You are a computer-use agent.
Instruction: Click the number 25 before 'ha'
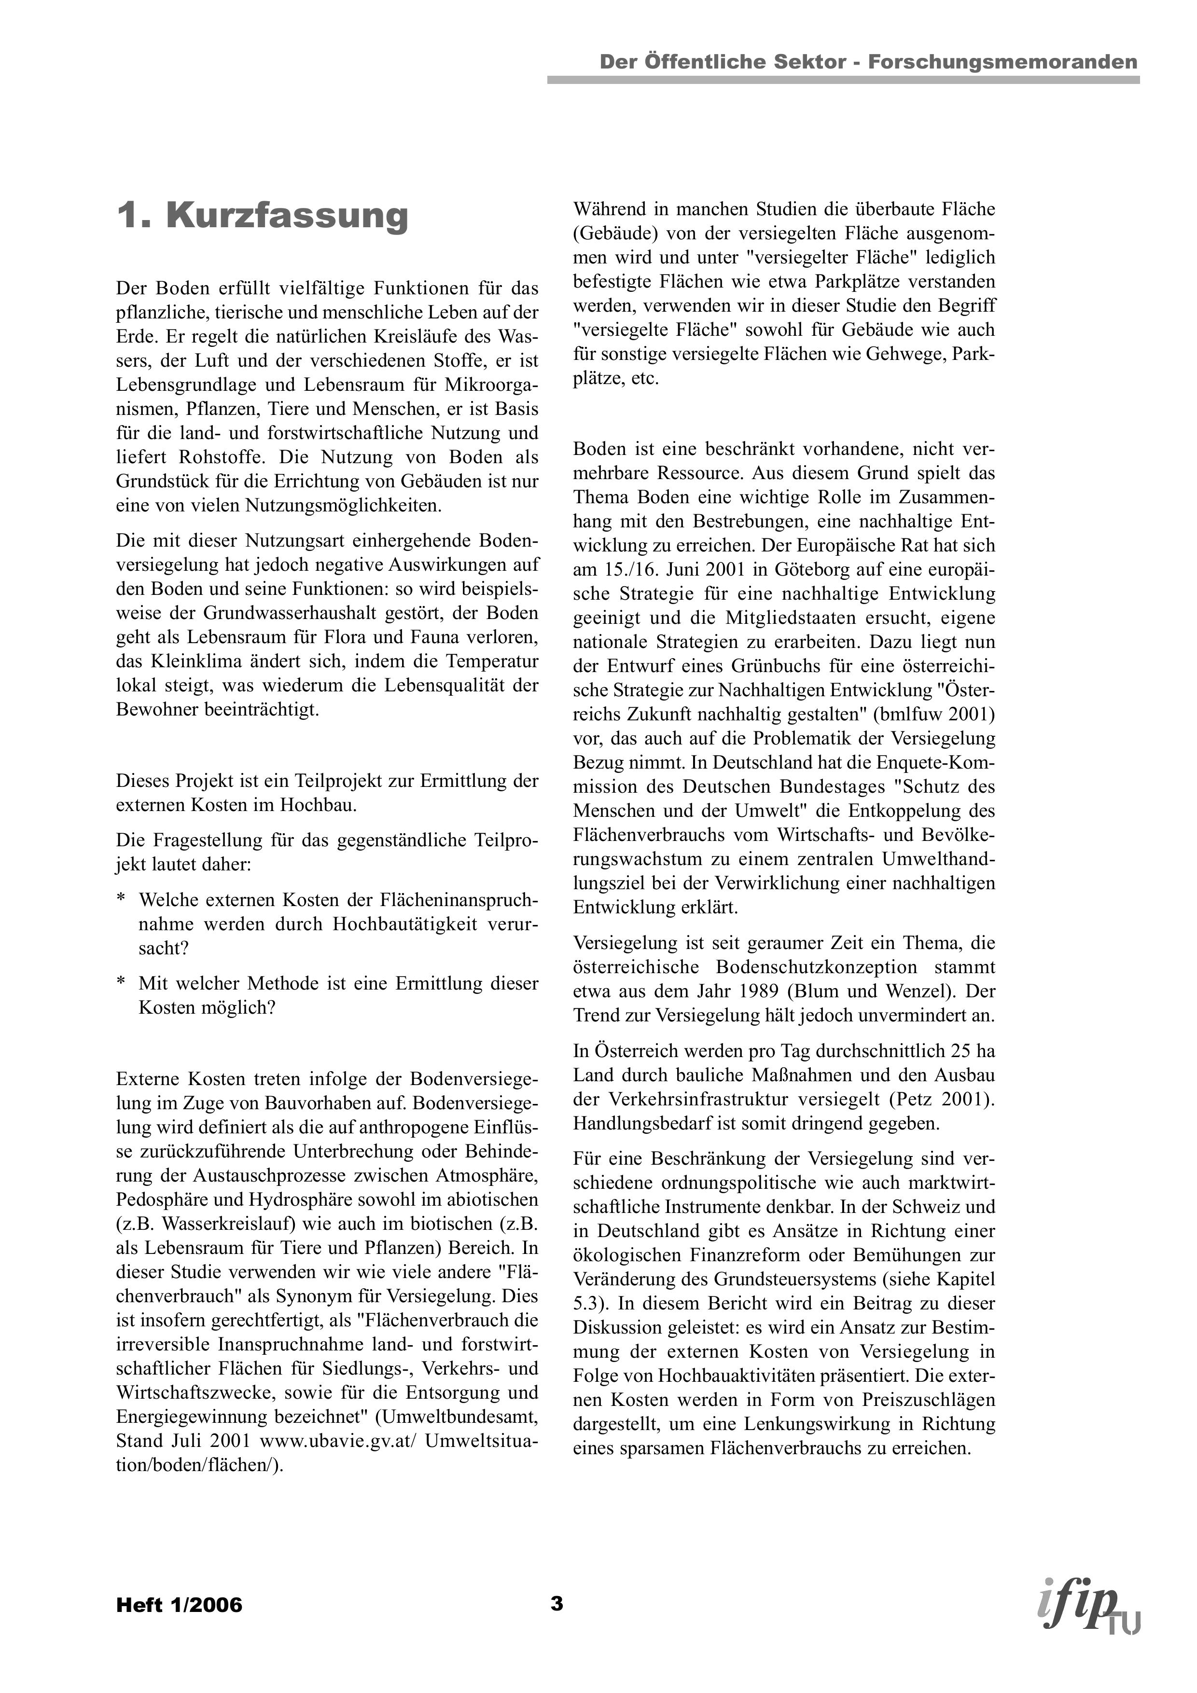(x=956, y=1051)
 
